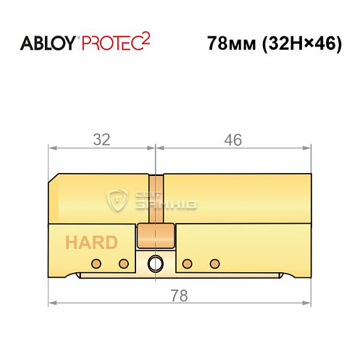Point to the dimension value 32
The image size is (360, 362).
pyautogui.click(x=101, y=140)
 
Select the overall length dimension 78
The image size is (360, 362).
pyautogui.click(x=179, y=295)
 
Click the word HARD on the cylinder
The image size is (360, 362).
pyautogui.click(x=91, y=242)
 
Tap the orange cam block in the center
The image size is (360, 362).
pyautogui.click(x=156, y=235)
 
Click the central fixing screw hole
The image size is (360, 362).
pyautogui.click(x=154, y=263)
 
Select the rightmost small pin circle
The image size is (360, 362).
pyautogui.click(x=214, y=262)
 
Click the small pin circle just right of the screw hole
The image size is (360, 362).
pyautogui.click(x=187, y=262)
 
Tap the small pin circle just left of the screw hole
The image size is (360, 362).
pyautogui.click(x=124, y=262)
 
